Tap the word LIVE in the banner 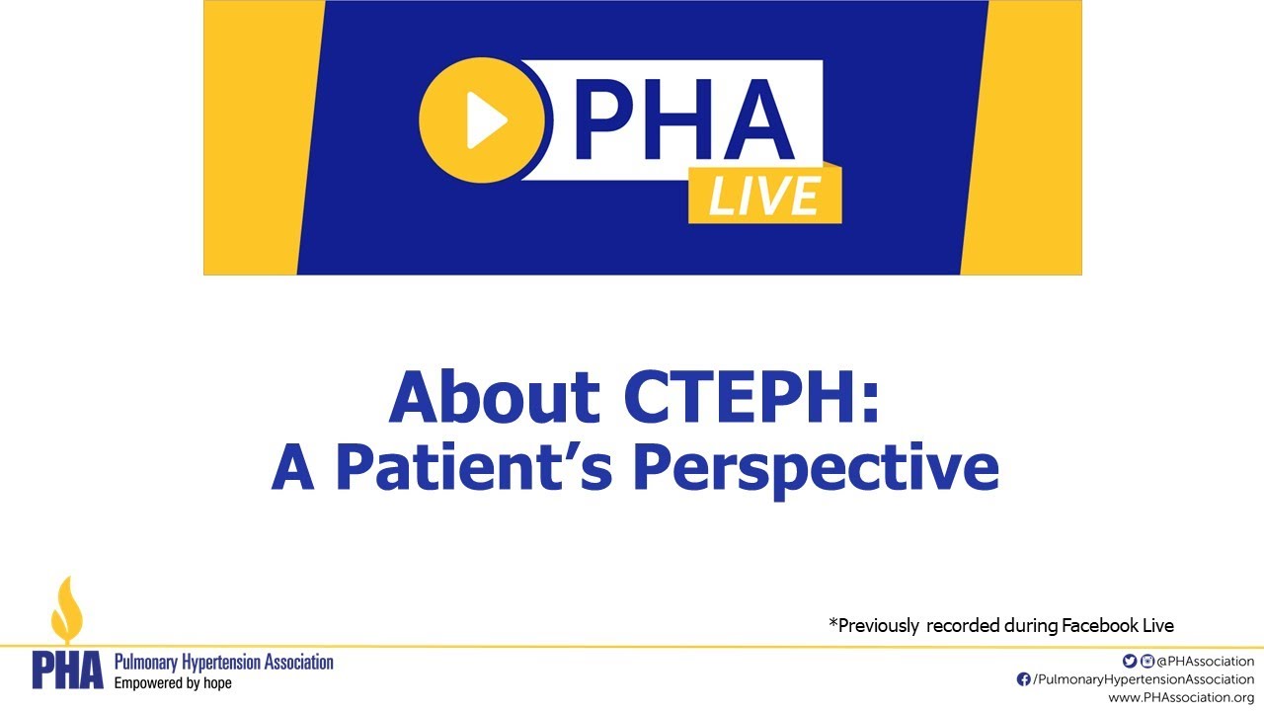pyautogui.click(x=764, y=195)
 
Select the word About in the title pyautogui.click(x=494, y=397)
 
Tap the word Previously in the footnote pyautogui.click(x=877, y=625)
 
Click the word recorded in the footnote pyautogui.click(x=963, y=625)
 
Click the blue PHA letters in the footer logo pyautogui.click(x=67, y=671)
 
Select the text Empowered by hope pyautogui.click(x=173, y=682)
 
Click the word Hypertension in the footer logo pyautogui.click(x=226, y=662)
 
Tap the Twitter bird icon pyautogui.click(x=1130, y=661)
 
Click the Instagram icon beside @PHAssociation pyautogui.click(x=1147, y=661)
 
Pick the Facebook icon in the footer pyautogui.click(x=1024, y=679)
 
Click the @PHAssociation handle pyautogui.click(x=1205, y=661)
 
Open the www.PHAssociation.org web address pyautogui.click(x=1181, y=698)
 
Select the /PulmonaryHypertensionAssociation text pyautogui.click(x=1143, y=679)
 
